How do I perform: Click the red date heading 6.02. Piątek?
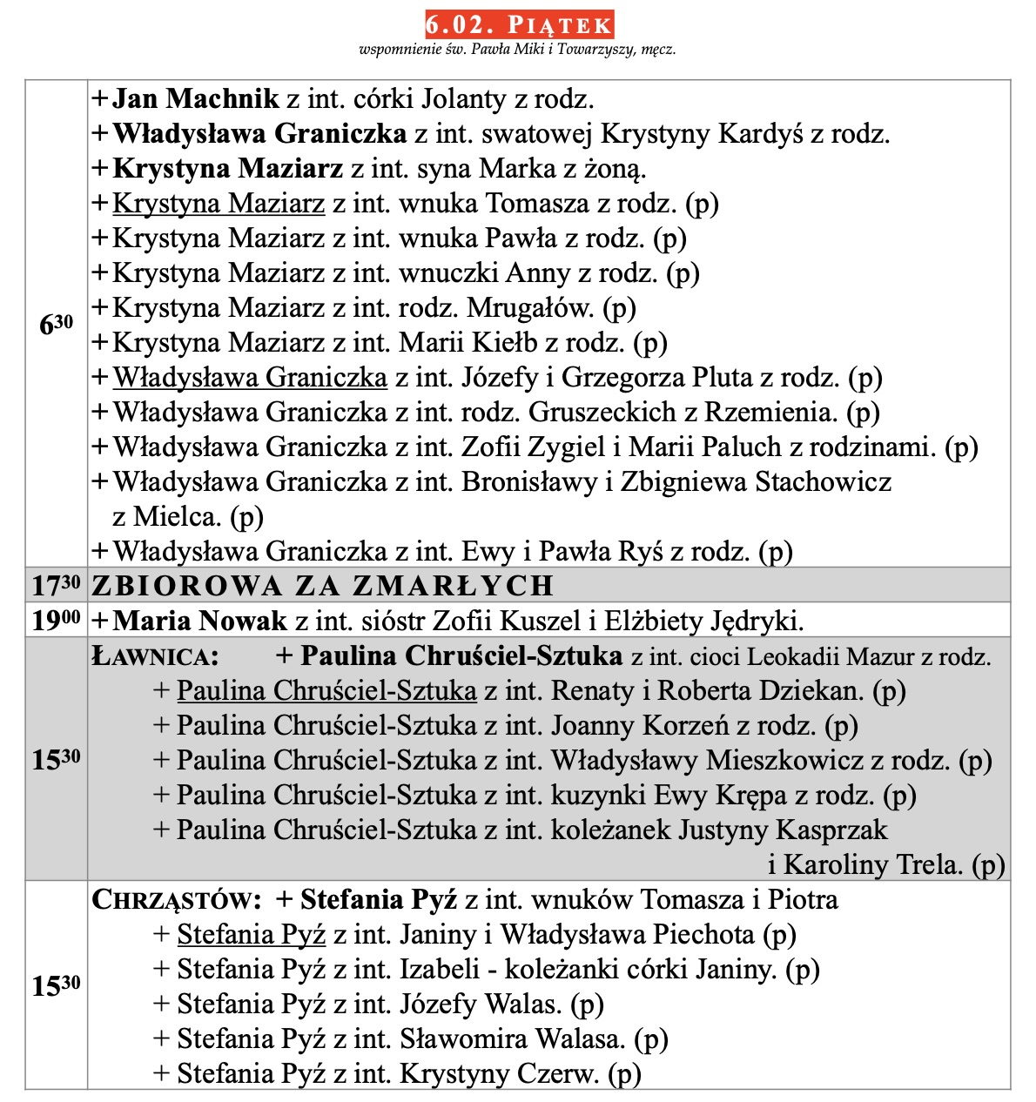(x=519, y=24)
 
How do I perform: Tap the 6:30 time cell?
(x=57, y=324)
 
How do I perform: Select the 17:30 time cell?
(x=57, y=586)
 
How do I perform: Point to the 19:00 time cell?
(x=57, y=621)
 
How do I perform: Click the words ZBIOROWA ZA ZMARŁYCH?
(x=323, y=586)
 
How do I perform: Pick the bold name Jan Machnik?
(x=196, y=99)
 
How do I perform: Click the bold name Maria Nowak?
(x=199, y=621)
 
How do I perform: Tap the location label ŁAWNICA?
(x=155, y=656)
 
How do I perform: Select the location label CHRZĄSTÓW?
(x=176, y=900)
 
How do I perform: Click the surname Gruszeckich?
(x=602, y=413)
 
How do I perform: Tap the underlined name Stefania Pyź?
(x=251, y=935)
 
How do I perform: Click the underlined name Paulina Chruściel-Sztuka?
(x=326, y=691)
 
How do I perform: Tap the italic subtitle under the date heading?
(x=517, y=50)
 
